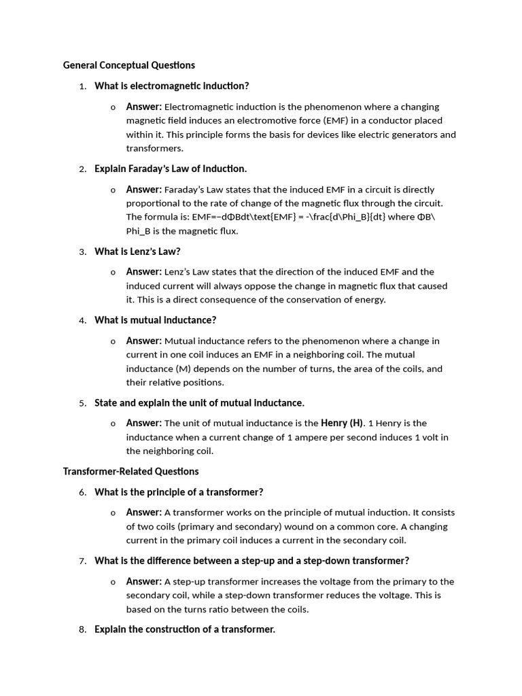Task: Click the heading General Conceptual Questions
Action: (x=128, y=65)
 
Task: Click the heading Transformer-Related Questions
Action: (x=130, y=471)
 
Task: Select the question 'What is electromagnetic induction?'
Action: (x=172, y=86)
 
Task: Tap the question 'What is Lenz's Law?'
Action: (x=137, y=251)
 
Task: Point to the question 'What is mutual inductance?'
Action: (x=155, y=320)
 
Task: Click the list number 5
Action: (x=82, y=403)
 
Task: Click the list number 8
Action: (x=82, y=630)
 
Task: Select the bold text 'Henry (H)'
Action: (x=342, y=423)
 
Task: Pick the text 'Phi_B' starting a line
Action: (x=141, y=231)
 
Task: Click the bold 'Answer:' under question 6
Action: (x=143, y=512)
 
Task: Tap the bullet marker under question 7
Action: (x=113, y=582)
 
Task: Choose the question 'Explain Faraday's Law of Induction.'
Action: (x=171, y=169)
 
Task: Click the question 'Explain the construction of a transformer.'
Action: (x=185, y=630)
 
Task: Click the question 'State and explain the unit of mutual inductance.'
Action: (x=199, y=403)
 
